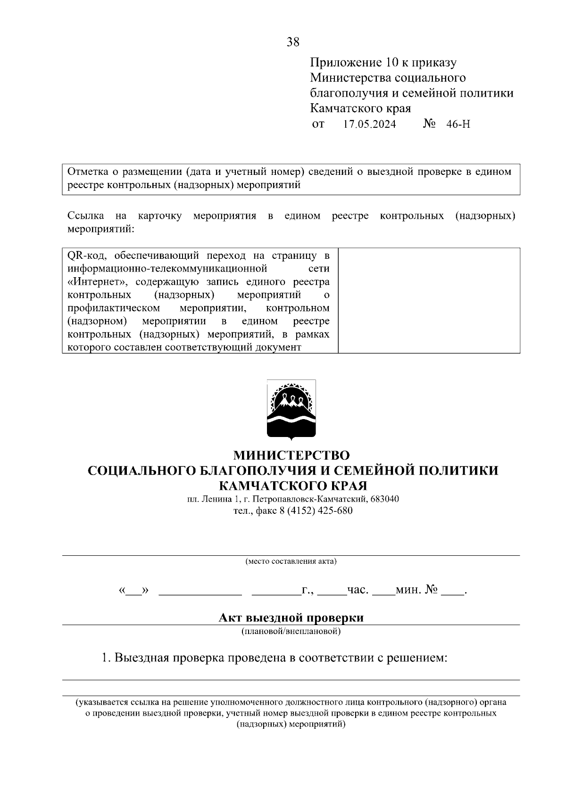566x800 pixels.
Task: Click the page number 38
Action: (292, 42)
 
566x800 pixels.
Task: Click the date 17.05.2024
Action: (370, 124)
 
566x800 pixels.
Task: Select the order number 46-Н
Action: (458, 124)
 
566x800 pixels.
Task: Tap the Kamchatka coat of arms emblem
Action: (291, 410)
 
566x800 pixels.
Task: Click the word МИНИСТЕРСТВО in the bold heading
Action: (292, 455)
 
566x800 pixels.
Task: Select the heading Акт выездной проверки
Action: (291, 618)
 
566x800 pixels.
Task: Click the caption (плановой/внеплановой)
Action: (291, 631)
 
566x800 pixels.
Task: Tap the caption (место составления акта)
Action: (291, 561)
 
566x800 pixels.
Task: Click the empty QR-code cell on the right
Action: (429, 300)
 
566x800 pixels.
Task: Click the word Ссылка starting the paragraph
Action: (86, 216)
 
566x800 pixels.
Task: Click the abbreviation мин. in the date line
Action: (408, 590)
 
